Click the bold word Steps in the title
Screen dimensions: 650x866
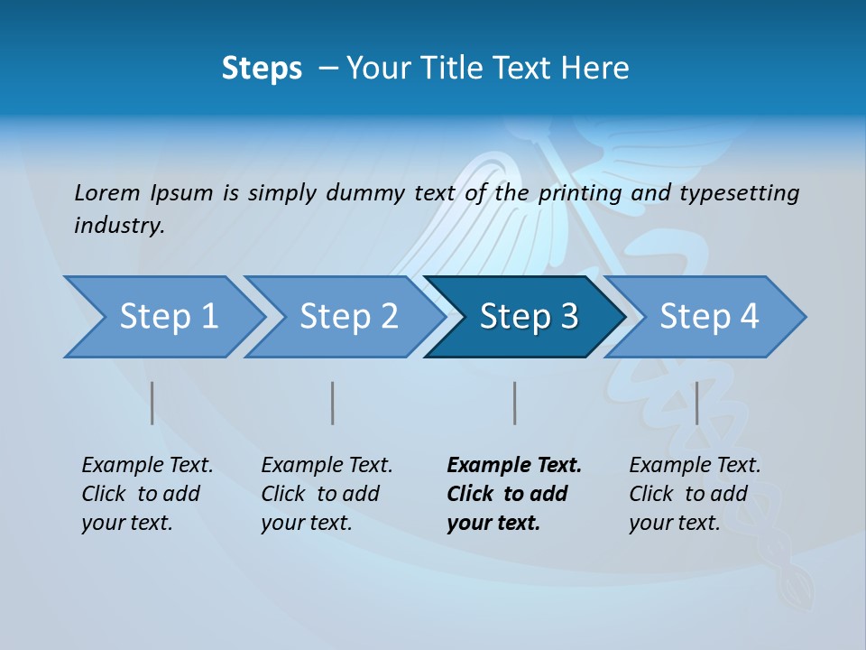coord(262,69)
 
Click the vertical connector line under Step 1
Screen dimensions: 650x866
coord(152,403)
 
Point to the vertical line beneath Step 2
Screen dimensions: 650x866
coord(333,403)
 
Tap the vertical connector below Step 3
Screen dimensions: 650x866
coord(515,403)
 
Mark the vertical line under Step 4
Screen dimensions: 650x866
coord(696,403)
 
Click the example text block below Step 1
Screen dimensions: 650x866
coord(147,494)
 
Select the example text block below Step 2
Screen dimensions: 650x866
coord(327,494)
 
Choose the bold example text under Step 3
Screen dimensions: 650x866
coord(514,494)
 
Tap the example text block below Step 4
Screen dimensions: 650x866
coord(695,494)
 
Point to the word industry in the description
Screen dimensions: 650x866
coord(119,226)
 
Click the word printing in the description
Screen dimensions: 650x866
coord(579,192)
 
